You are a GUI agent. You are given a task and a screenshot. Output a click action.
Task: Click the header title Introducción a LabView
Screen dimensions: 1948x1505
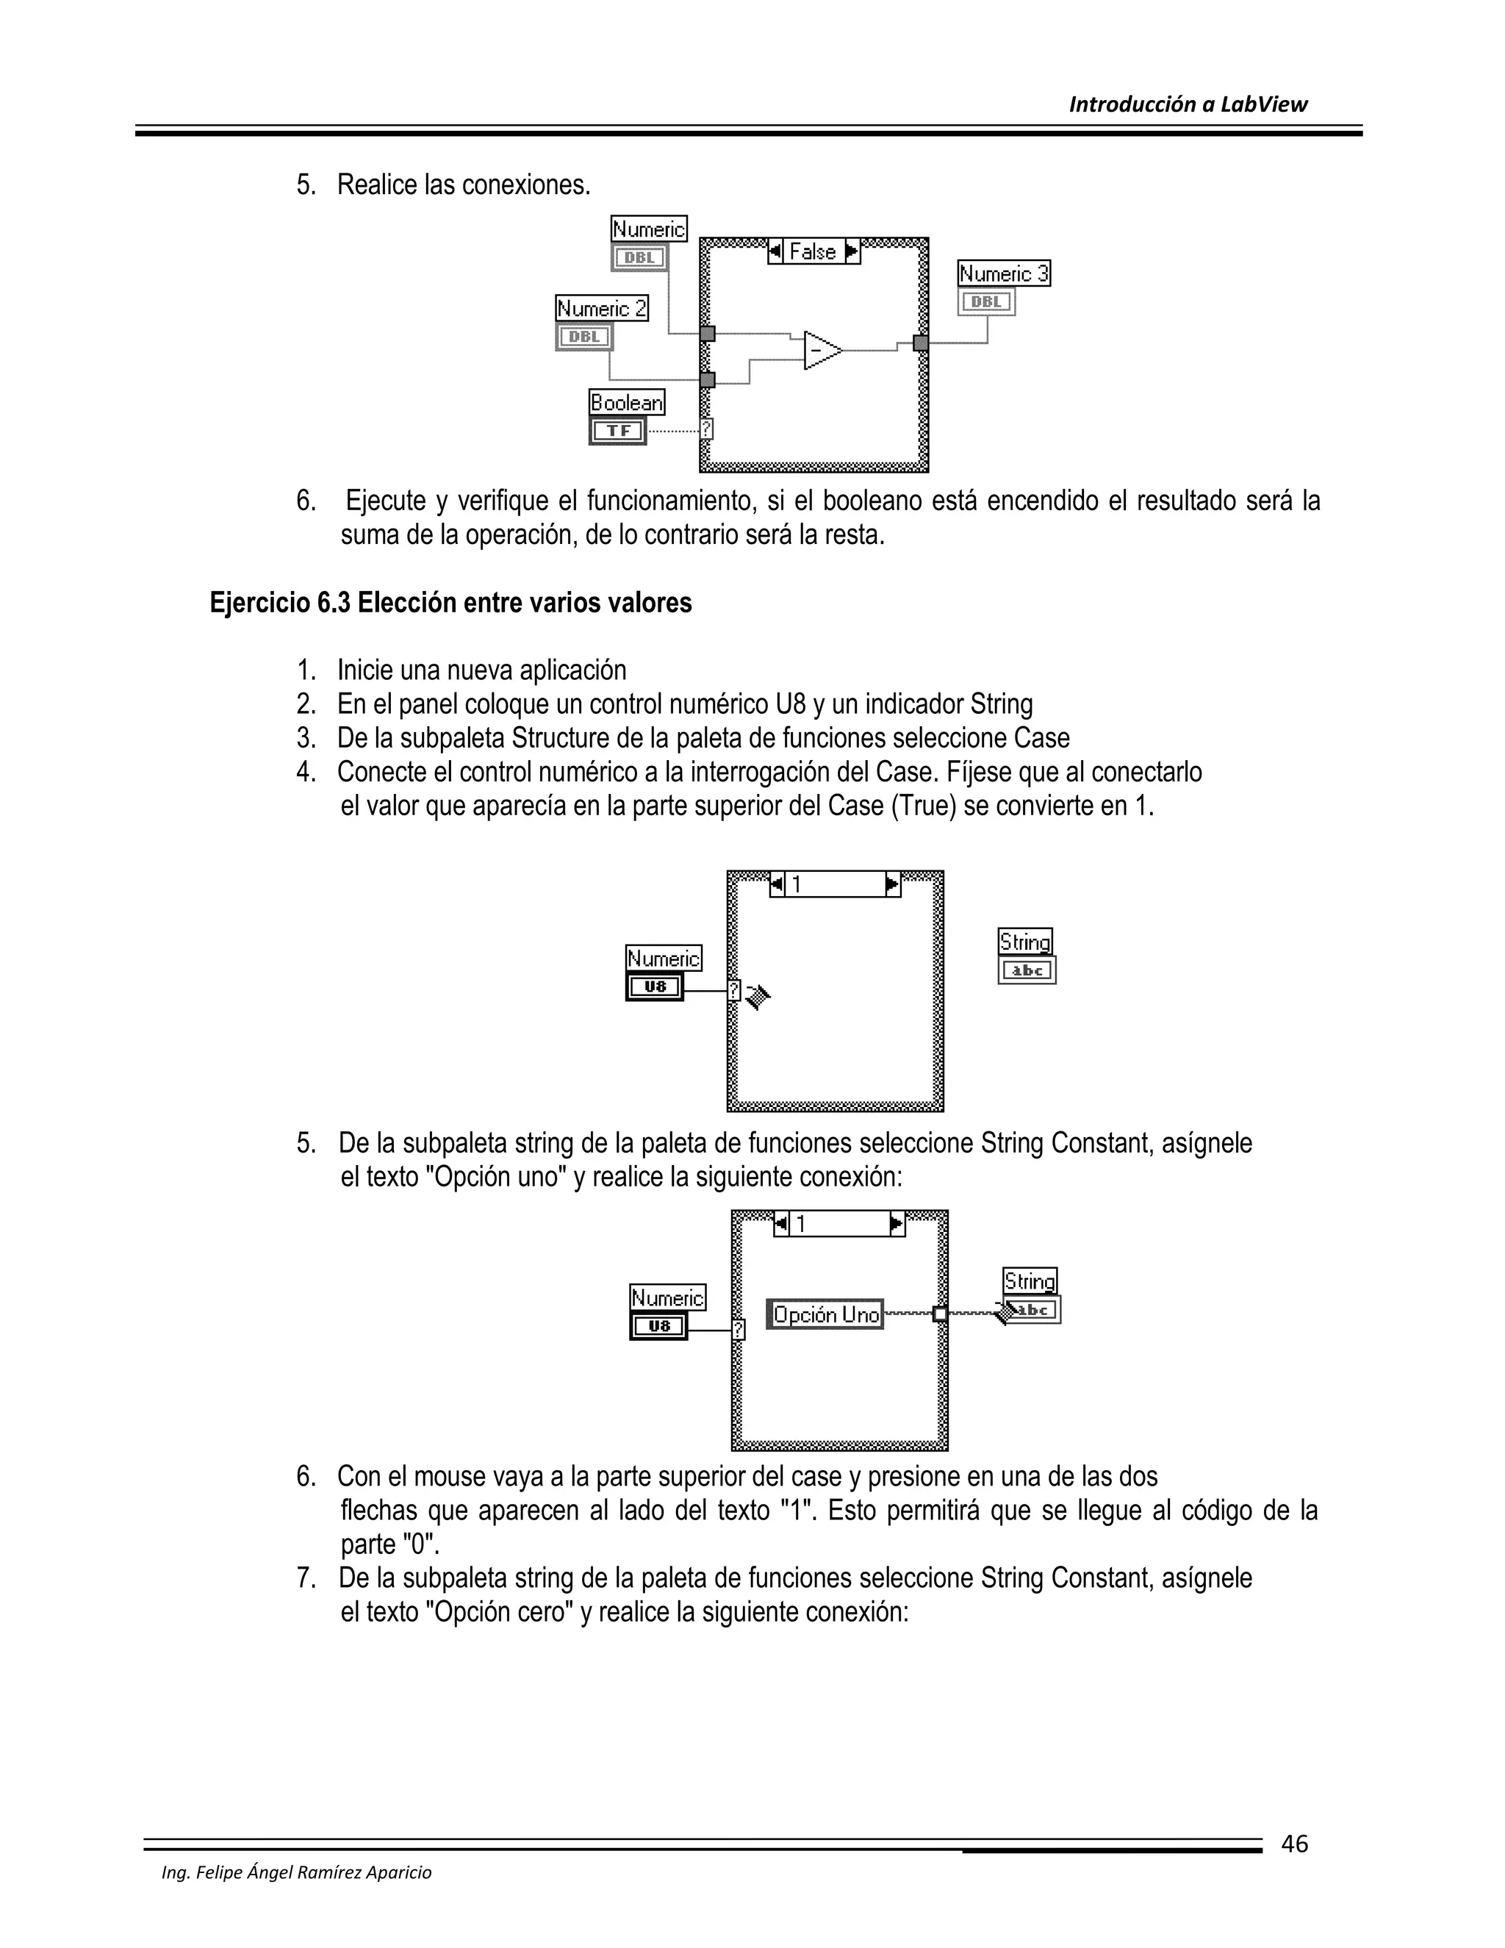1188,104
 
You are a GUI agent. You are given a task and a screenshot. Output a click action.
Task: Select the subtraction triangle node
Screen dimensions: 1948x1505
821,351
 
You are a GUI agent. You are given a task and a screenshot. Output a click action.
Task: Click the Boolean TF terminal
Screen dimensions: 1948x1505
618,431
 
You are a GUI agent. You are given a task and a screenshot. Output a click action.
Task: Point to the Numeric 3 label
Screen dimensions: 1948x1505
1004,274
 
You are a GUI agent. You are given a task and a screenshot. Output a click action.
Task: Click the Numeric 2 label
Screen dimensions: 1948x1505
602,309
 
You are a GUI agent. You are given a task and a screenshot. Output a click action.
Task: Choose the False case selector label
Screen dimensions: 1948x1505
813,252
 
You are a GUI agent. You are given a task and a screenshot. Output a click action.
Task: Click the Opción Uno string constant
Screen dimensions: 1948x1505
825,1315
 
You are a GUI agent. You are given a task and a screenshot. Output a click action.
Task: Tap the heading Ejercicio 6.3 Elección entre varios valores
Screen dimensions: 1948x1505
450,603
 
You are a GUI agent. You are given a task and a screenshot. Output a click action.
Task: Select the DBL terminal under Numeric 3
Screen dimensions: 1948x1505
987,301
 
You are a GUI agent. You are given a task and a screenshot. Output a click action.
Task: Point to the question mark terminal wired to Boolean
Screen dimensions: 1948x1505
706,429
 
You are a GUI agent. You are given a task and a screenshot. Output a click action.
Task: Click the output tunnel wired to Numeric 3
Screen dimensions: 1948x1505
921,343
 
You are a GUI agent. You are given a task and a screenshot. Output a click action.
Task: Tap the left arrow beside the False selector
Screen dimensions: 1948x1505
775,251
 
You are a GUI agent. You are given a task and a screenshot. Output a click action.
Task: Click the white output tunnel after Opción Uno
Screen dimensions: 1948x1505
940,1313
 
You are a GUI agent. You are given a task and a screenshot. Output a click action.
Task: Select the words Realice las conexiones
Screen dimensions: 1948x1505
464,185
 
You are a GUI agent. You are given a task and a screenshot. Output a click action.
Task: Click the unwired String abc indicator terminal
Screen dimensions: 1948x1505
1027,970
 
